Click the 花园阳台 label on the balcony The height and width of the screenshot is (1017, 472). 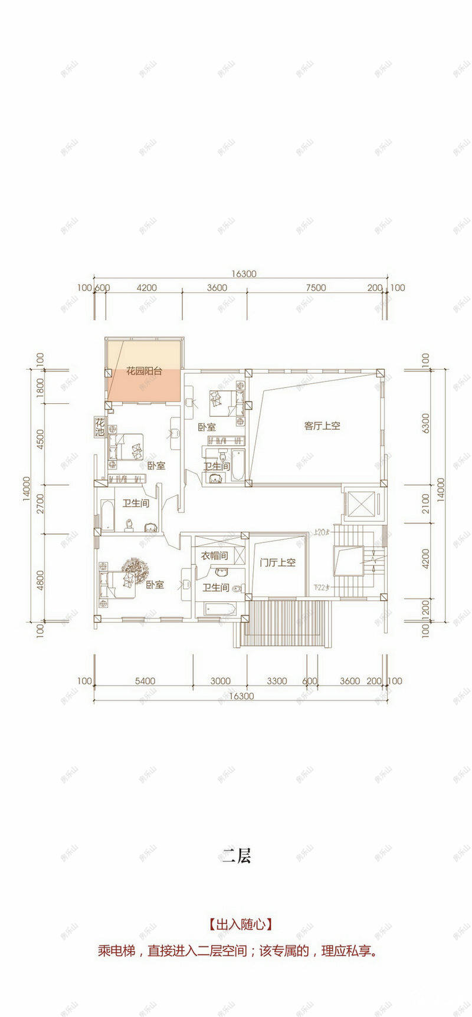point(144,372)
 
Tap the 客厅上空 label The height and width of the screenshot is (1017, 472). point(322,426)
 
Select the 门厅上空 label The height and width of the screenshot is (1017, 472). point(277,562)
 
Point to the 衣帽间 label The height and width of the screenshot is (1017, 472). point(214,555)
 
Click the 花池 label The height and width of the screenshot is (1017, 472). point(100,427)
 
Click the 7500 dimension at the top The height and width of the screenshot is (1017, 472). point(316,288)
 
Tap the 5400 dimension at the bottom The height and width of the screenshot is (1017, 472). point(145,681)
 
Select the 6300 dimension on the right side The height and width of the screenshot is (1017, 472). point(426,423)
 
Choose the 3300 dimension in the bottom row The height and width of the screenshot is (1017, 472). point(277,681)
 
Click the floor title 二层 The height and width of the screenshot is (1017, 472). point(237,856)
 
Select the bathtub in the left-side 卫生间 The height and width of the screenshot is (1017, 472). point(109,516)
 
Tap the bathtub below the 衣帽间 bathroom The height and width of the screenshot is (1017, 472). point(219,610)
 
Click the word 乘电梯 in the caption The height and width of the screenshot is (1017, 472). point(116,951)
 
